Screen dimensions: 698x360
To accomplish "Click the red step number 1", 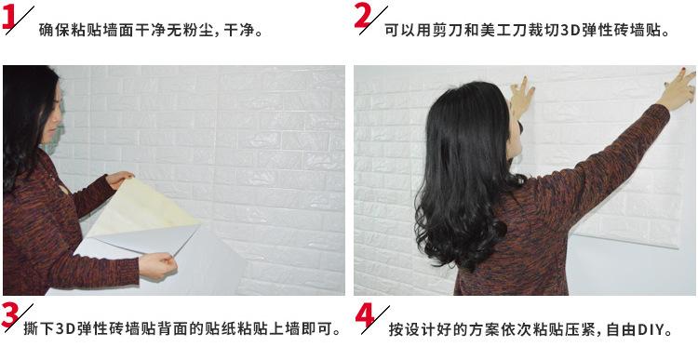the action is [x=8, y=19].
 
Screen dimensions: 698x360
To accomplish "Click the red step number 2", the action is [x=363, y=15].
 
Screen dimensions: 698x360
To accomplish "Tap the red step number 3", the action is [x=9, y=315].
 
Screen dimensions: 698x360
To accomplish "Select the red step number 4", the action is [x=365, y=316].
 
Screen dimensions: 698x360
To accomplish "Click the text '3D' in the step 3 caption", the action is [x=64, y=329].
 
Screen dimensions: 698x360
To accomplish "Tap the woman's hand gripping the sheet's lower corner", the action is [x=157, y=266].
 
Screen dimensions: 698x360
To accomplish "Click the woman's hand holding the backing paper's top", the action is [x=118, y=179].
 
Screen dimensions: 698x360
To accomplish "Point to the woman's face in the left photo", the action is [x=52, y=115].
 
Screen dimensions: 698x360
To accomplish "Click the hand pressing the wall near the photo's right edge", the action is [x=678, y=88].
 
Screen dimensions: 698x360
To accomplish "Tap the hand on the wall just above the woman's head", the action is [x=521, y=96].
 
